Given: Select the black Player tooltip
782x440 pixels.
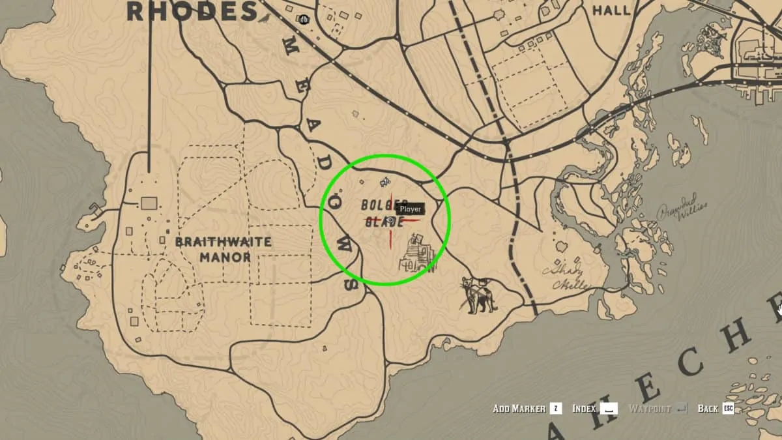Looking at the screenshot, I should [411, 209].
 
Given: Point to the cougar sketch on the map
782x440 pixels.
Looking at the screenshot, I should [479, 294].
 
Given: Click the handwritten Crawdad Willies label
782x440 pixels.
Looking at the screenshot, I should [682, 209].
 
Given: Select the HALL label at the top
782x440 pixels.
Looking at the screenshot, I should [611, 10].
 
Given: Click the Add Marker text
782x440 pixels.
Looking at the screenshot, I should [519, 409].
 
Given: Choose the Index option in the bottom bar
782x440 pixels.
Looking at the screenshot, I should [585, 409].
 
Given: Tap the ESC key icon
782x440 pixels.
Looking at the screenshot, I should [727, 409].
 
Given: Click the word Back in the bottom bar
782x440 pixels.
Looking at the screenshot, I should [707, 409].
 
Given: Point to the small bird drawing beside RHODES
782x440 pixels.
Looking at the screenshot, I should [265, 18].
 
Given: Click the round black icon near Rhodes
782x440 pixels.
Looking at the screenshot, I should [304, 20].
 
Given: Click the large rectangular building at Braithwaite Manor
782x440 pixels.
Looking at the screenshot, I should [149, 203].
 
